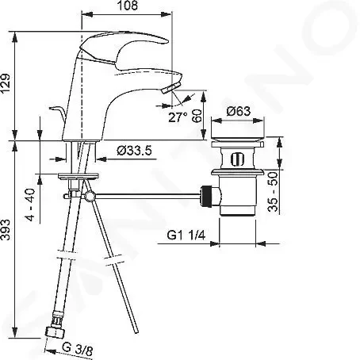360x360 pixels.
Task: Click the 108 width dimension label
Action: [128, 6]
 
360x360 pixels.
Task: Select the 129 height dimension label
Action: [6, 84]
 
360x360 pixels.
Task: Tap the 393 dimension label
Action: [6, 229]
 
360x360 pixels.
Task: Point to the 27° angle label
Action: [178, 117]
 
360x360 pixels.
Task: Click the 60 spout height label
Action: [197, 116]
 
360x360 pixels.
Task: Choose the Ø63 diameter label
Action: [238, 111]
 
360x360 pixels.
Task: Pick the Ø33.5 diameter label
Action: [134, 151]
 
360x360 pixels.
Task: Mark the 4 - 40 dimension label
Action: [30, 205]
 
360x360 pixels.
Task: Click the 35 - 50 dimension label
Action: [273, 192]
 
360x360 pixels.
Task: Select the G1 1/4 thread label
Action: [186, 235]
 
